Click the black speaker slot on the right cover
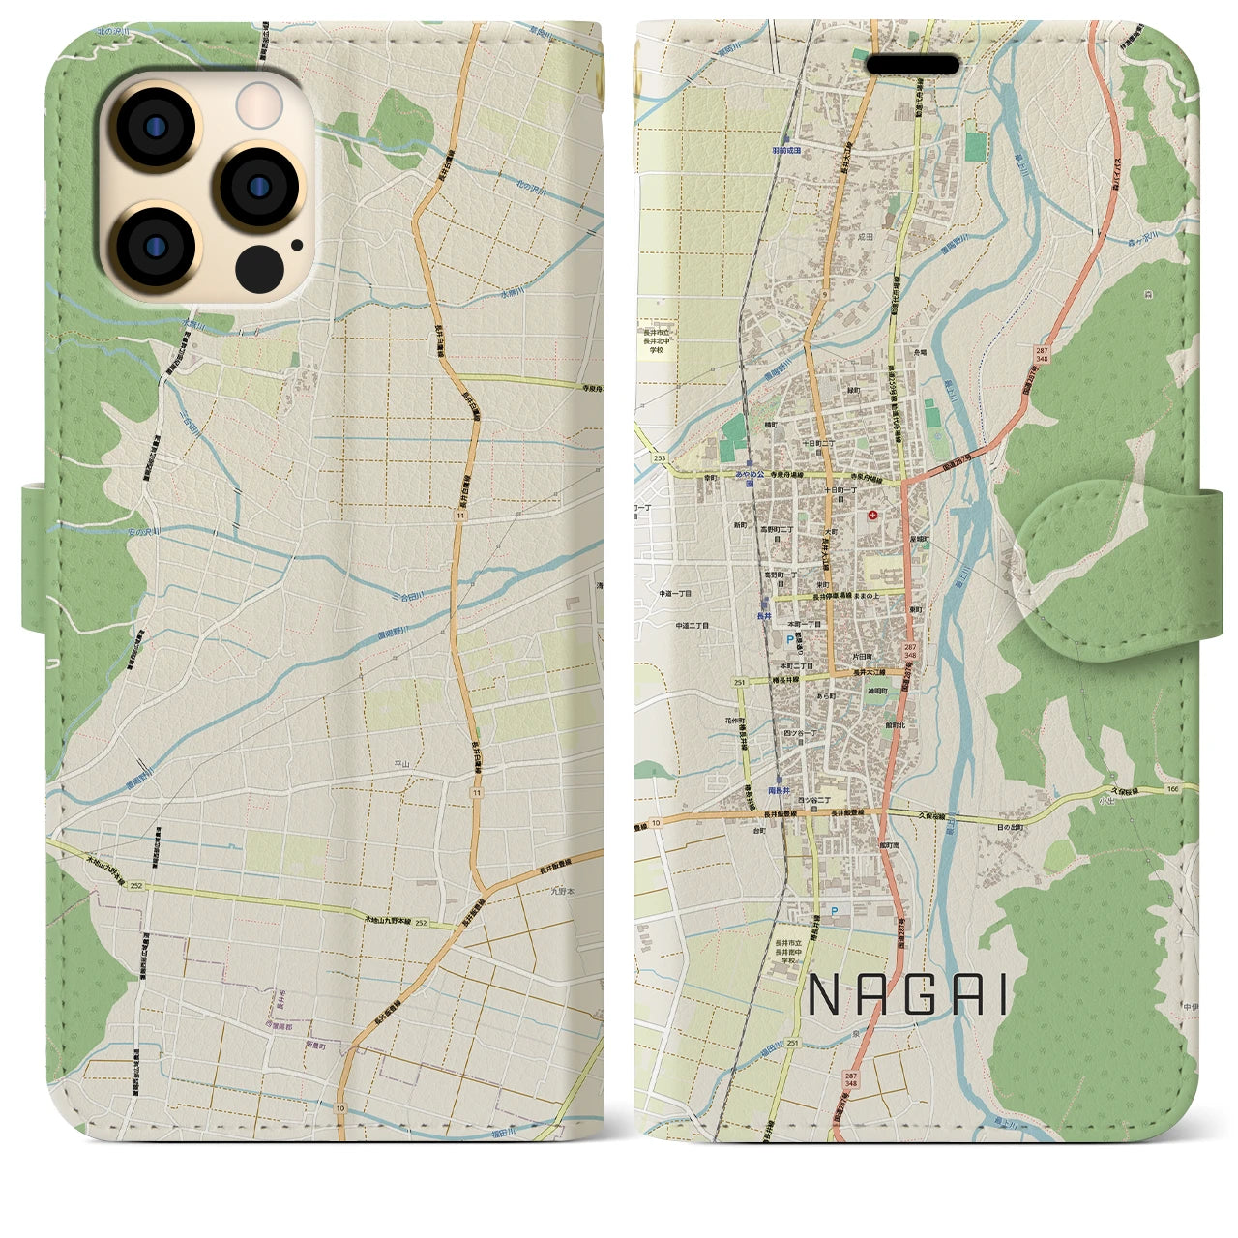point(918,65)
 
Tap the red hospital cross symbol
point(874,515)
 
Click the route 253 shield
point(660,458)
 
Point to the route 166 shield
point(1173,790)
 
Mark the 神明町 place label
point(877,690)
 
